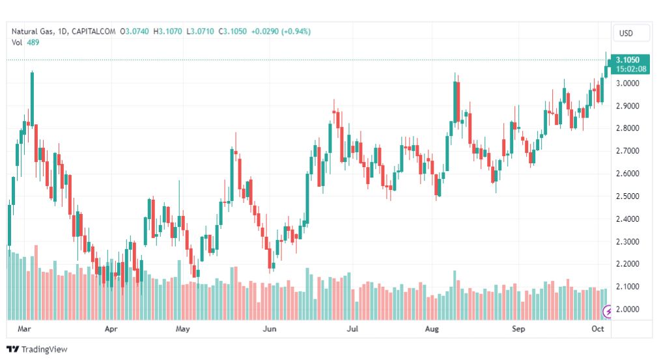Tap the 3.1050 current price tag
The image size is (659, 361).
click(627, 60)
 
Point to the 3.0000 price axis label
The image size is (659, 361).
click(627, 83)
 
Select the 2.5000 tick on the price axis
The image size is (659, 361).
click(627, 196)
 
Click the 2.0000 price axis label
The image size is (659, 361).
click(627, 309)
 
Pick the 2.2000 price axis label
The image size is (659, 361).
click(627, 264)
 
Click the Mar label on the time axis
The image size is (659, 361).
click(25, 329)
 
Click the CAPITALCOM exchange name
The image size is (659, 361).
click(94, 31)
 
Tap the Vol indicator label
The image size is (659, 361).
click(18, 42)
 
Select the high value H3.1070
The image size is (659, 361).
click(167, 31)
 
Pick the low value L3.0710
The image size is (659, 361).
click(201, 31)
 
